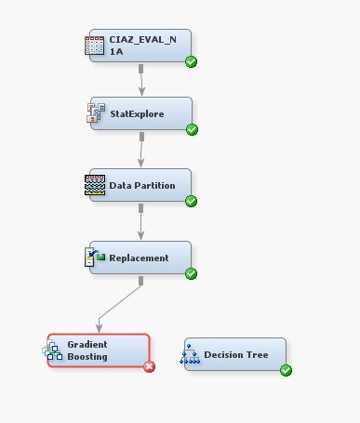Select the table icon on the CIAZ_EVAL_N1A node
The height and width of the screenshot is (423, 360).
pos(94,46)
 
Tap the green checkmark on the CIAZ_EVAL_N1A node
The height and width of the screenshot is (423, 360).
pos(191,62)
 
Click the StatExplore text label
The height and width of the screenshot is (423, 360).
pos(137,114)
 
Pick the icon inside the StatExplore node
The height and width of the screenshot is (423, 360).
pos(96,113)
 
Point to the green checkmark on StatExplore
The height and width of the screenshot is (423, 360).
pos(192,129)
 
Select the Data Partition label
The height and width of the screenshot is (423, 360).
pos(142,185)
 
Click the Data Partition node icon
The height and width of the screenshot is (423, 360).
pos(95,184)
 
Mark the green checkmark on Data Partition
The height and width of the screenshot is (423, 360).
pos(191,201)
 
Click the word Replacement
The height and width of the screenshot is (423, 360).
pos(140,258)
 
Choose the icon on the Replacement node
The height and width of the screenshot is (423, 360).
pos(95,258)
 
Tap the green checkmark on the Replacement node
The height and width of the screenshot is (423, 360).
pos(191,273)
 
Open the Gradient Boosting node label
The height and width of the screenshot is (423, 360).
pos(87,350)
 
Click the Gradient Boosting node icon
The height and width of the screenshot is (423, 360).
pos(52,350)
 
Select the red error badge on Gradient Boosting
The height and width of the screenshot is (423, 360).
pos(149,366)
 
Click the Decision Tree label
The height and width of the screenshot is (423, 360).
pos(236,354)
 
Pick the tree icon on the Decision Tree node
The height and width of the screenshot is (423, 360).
pos(192,354)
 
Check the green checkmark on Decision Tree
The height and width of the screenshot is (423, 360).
pos(286,370)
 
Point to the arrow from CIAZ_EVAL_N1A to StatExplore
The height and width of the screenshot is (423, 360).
pos(141,82)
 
